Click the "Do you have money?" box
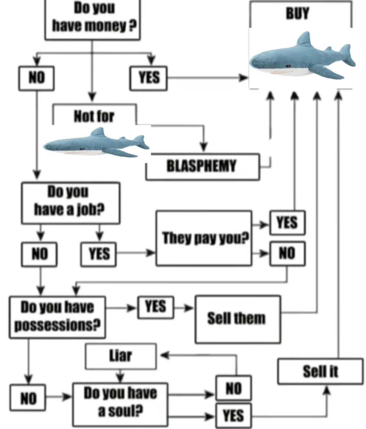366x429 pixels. [93, 19]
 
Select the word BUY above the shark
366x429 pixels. [297, 14]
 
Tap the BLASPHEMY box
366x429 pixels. [202, 166]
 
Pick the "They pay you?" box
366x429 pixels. [204, 238]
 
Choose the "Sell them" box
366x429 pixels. [238, 318]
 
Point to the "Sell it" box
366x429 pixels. [320, 371]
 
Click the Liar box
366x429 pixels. [121, 356]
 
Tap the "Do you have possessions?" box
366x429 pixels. [57, 316]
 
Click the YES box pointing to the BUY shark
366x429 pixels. [149, 78]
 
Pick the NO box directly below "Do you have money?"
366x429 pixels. [36, 78]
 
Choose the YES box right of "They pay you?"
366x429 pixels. [287, 222]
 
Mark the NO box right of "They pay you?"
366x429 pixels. [287, 254]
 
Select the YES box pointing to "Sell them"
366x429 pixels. [156, 307]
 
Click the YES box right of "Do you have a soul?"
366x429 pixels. [233, 416]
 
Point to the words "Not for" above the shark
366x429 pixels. [94, 117]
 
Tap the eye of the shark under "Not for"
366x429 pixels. [81, 149]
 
